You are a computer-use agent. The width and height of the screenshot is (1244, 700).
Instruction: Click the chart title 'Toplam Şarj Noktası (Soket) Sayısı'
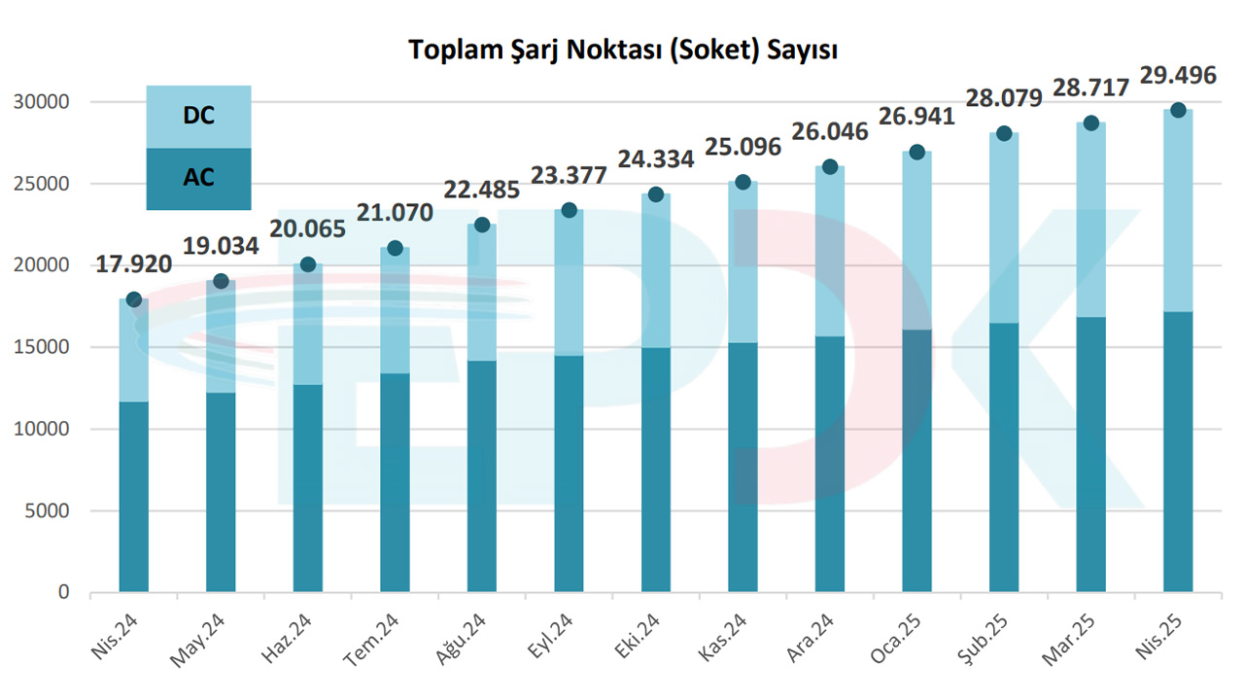(622, 50)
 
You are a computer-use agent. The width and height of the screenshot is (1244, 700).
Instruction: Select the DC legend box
(198, 117)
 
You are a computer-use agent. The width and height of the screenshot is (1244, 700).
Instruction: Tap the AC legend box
(198, 178)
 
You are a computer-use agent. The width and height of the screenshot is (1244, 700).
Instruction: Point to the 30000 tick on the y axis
(45, 102)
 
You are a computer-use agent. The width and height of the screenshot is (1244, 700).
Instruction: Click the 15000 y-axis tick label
(45, 347)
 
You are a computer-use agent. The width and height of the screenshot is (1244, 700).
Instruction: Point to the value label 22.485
(481, 189)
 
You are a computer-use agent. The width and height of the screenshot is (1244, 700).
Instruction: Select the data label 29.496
(1178, 75)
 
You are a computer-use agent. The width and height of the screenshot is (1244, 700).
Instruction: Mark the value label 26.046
(829, 131)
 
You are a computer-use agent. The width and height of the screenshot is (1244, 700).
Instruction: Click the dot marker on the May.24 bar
(221, 281)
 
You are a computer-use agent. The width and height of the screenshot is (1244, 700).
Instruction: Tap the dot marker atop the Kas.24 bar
(743, 182)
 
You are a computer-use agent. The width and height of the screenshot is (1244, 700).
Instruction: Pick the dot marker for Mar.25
(1090, 123)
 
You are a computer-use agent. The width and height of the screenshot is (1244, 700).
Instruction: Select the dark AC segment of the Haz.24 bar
(307, 486)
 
